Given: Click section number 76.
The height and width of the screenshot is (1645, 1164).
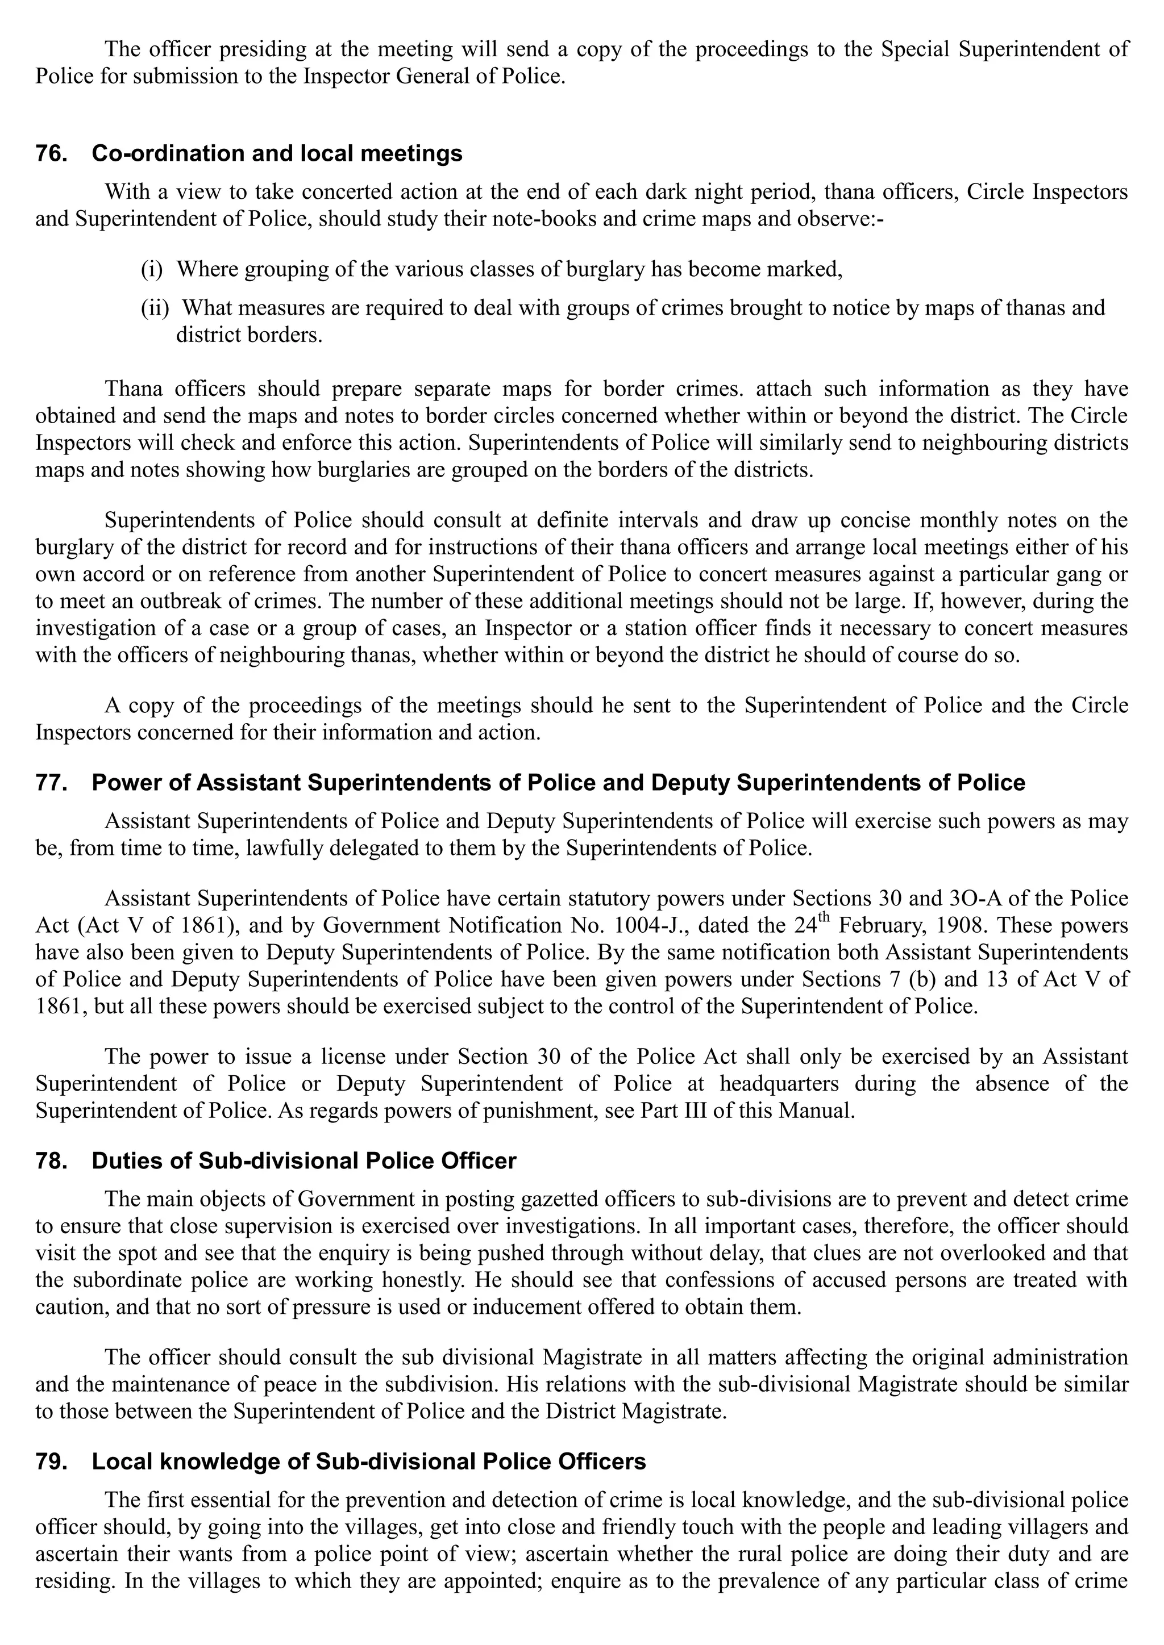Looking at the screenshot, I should (51, 154).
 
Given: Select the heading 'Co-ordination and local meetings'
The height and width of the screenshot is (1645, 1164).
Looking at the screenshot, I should (277, 154).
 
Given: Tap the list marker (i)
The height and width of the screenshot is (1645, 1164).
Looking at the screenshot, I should (151, 269).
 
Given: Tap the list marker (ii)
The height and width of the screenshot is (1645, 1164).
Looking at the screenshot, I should (154, 308).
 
